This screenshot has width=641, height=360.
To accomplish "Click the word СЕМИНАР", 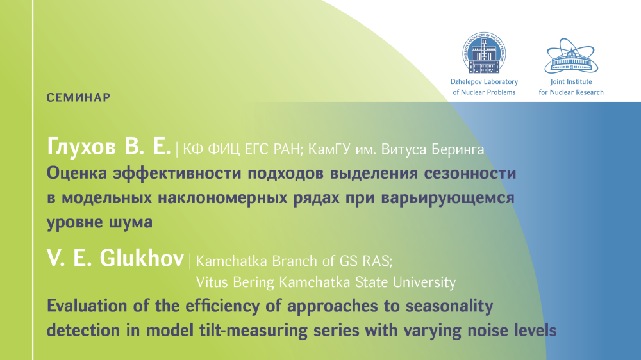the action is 78,97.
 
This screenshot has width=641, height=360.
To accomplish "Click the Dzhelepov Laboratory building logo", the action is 484,53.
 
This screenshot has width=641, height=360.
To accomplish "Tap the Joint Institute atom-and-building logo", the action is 571,56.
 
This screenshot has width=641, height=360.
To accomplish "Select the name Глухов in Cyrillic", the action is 81,146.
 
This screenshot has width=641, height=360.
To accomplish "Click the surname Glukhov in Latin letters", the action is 142,258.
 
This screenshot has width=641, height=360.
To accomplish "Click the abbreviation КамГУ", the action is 329,149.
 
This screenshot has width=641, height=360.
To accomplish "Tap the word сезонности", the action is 470,173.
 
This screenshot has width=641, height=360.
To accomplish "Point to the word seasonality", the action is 449,306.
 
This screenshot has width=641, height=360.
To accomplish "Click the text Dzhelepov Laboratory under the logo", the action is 484,82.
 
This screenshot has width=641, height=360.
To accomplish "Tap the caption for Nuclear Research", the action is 571,92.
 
